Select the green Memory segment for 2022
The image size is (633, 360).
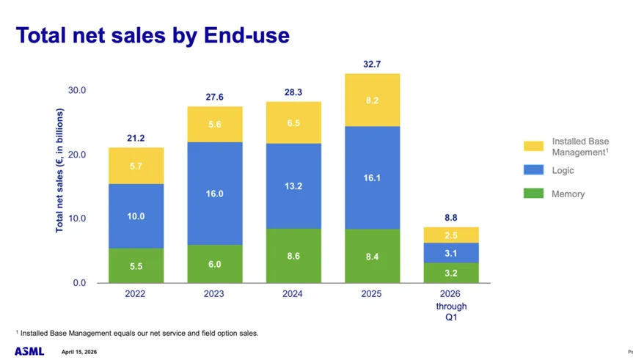click(x=136, y=265)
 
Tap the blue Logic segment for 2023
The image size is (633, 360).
click(x=214, y=193)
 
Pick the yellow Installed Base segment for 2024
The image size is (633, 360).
click(x=293, y=122)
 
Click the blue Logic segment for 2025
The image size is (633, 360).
click(x=372, y=177)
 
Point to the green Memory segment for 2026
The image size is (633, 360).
click(x=451, y=273)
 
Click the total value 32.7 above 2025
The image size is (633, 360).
click(x=372, y=65)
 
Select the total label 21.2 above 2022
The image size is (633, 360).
click(x=136, y=138)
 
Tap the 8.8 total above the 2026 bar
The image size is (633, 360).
click(x=451, y=217)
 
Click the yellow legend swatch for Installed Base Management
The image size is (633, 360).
click(x=535, y=146)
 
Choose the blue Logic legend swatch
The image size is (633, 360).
click(x=535, y=170)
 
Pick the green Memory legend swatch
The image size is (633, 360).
click(x=535, y=194)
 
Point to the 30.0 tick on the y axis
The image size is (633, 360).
click(x=76, y=90)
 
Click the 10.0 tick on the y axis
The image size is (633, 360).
click(x=76, y=218)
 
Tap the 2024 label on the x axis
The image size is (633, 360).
click(x=293, y=295)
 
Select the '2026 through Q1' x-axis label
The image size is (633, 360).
click(x=451, y=306)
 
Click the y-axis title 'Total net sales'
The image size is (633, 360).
click(x=60, y=171)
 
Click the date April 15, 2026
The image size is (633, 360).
click(x=80, y=352)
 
